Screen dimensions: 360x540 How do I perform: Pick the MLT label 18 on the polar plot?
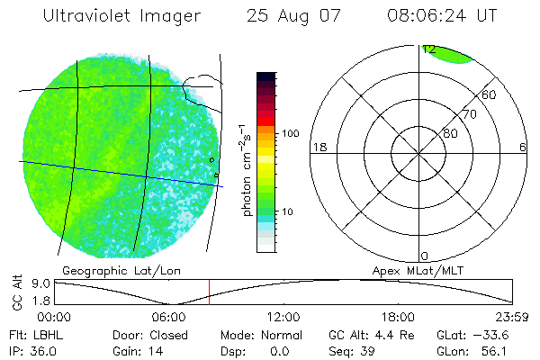pyautogui.click(x=318, y=148)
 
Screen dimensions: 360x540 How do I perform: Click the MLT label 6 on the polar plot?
pyautogui.click(x=523, y=148)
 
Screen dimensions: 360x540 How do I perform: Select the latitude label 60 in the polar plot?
pyautogui.click(x=490, y=94)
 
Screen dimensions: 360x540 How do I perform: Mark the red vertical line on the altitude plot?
pyautogui.click(x=209, y=292)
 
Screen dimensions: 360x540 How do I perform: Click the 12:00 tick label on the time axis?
pyautogui.click(x=283, y=317)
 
